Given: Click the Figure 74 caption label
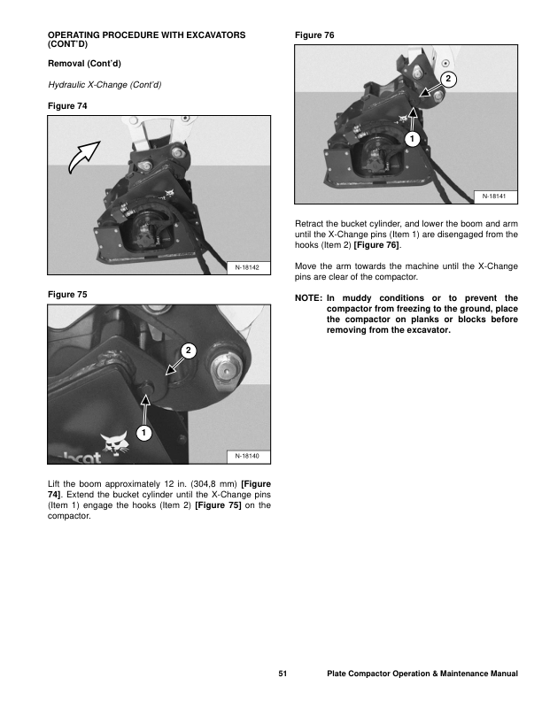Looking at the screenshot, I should pos(67,106).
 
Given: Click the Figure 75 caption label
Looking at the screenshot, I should pos(67,293).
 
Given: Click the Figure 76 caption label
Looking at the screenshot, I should pos(315,35).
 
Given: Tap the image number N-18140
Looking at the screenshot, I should pos(245,456).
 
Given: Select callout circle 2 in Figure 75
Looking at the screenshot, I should pos(188,351).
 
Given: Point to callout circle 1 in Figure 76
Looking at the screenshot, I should pos(411,140).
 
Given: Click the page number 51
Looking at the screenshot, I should pos(283,674).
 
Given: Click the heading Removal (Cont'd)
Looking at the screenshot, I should pos(83,64).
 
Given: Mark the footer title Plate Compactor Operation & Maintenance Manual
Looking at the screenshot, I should pos(422,674).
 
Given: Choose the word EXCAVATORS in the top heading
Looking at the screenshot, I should pos(212,35).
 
